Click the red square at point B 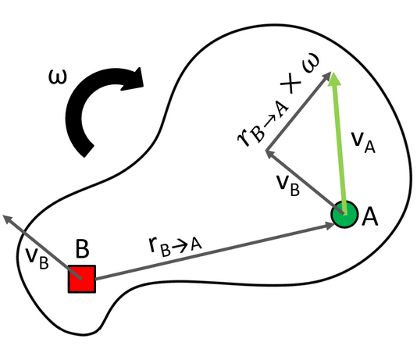[x=82, y=279]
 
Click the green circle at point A [x=344, y=214]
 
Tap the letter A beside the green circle [x=369, y=217]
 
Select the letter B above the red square [x=82, y=249]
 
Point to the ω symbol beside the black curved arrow [x=58, y=77]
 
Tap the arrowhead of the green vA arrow [x=334, y=79]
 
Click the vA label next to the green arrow [x=363, y=142]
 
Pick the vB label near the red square [x=37, y=258]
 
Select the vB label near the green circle [x=288, y=186]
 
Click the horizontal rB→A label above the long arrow [x=175, y=247]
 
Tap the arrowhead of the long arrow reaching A [x=329, y=226]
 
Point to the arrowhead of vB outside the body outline [x=8, y=219]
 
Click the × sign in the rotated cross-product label [x=290, y=84]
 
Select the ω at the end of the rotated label [x=311, y=63]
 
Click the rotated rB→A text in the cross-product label [x=262, y=124]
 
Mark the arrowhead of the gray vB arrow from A [x=270, y=154]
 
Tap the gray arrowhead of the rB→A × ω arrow [x=326, y=77]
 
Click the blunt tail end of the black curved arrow [x=89, y=151]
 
